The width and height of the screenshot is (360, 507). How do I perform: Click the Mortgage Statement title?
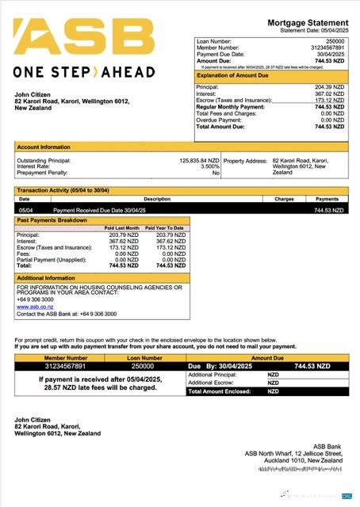[x=308, y=22]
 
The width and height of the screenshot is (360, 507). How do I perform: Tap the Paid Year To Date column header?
[x=167, y=228]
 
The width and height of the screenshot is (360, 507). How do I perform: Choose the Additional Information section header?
[x=46, y=278]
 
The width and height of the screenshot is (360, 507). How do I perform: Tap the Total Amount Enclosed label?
[x=219, y=391]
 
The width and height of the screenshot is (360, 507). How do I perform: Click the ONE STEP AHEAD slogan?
[x=84, y=72]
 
